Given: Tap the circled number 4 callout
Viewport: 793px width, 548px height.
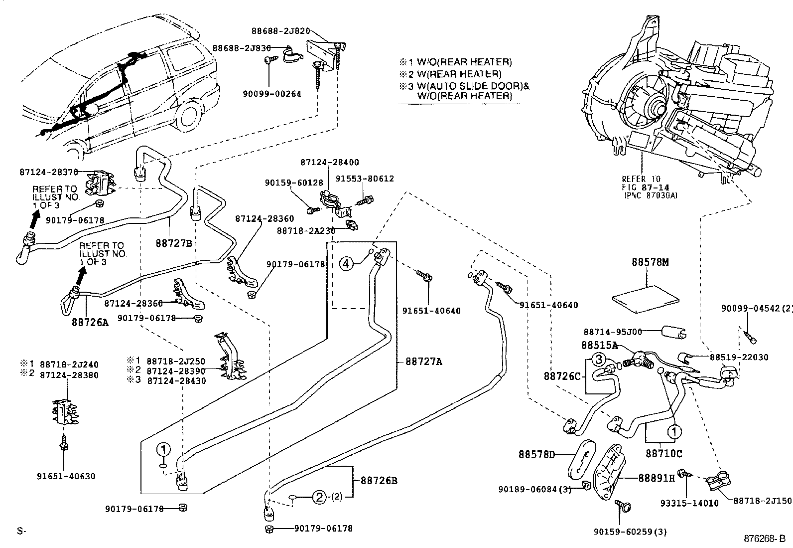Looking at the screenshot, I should click(x=347, y=263).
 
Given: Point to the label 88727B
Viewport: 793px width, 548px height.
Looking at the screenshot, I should click(x=174, y=243).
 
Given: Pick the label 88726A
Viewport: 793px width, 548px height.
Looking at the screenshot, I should click(x=90, y=323).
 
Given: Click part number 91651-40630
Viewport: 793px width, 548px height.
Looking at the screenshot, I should click(x=66, y=476).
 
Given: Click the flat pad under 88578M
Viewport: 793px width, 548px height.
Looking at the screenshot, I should click(x=646, y=297).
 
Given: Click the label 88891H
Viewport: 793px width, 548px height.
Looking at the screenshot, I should click(x=657, y=478).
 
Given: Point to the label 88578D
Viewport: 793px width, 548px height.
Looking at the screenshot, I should click(x=536, y=455).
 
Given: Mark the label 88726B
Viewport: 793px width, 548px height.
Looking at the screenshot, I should click(x=376, y=481).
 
